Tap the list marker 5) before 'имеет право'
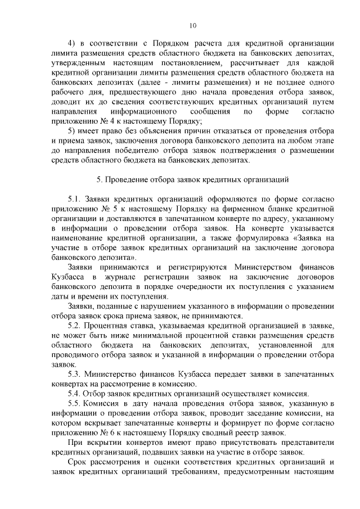click(x=71, y=130)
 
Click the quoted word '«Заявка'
click(x=309, y=238)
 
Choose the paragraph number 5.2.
click(x=74, y=326)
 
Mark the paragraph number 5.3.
click(x=74, y=375)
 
